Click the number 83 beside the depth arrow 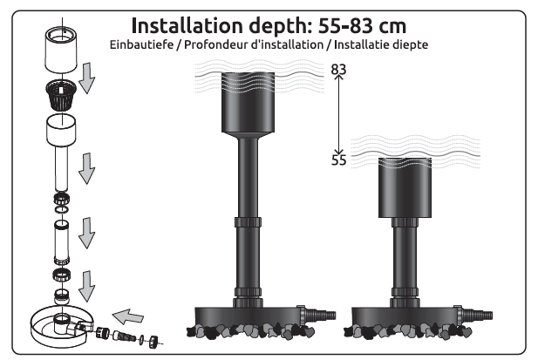click(x=338, y=70)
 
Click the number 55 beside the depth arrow click(x=339, y=160)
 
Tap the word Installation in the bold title click(x=187, y=25)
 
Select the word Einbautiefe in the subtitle click(x=141, y=44)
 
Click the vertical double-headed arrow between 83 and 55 click(x=339, y=115)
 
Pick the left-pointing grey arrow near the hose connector click(x=128, y=316)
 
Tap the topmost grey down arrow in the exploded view click(x=87, y=78)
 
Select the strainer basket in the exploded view click(x=61, y=94)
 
